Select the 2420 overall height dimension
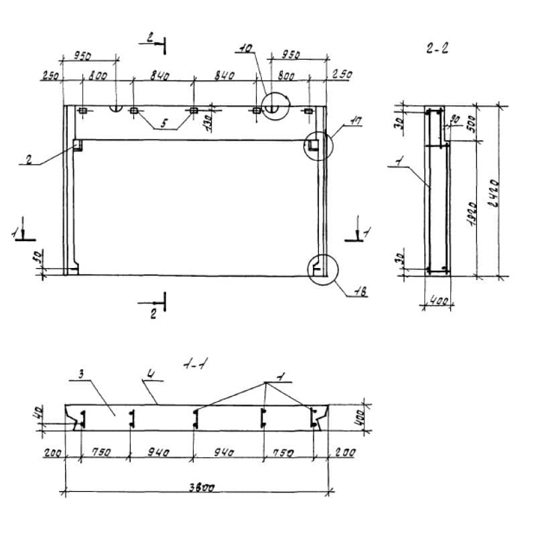point(494,193)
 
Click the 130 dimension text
point(208,123)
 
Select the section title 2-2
point(436,48)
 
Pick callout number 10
point(245,48)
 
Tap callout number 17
point(356,122)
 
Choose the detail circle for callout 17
point(316,145)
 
